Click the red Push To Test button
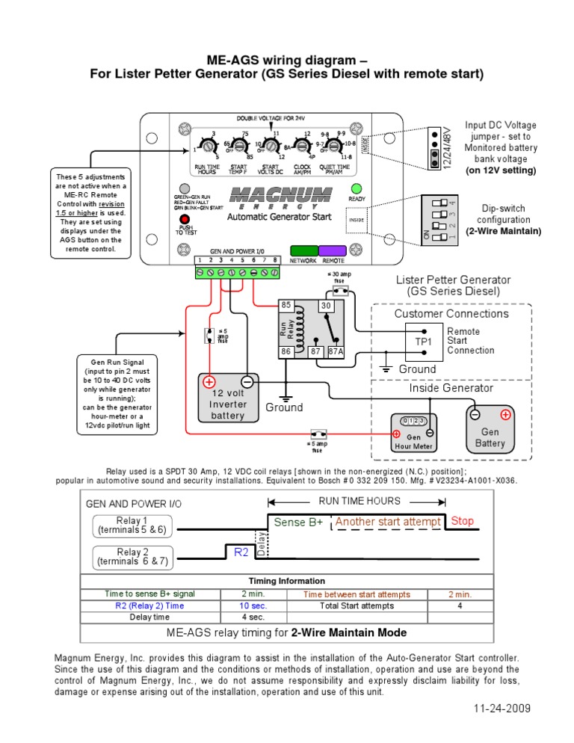183,219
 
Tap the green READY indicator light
357,188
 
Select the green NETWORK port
303,250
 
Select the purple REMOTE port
333,250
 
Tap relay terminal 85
286,306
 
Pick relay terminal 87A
336,351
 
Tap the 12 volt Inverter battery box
228,398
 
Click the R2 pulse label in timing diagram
241,552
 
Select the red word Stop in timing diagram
462,521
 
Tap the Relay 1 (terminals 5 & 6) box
132,525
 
